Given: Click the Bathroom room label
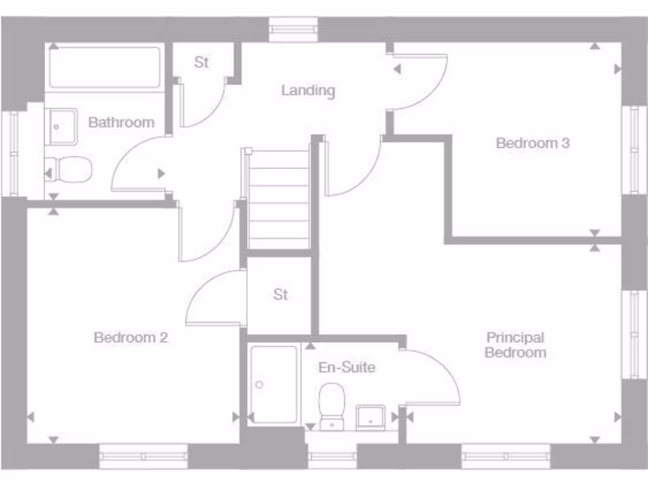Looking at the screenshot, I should click(121, 122).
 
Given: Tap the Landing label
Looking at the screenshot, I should click(308, 90).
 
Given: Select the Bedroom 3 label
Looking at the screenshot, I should click(532, 143).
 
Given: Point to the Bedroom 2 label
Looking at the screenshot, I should click(130, 337).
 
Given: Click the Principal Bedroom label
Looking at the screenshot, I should click(515, 345).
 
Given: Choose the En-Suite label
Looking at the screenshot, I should click(347, 367).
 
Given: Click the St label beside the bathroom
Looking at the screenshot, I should click(201, 63).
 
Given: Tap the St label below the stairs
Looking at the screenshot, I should click(280, 295).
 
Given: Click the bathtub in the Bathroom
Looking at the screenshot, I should click(104, 67).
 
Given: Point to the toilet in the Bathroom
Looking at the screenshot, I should click(72, 170).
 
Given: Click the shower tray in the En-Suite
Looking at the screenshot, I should click(273, 384).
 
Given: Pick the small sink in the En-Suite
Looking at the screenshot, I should click(370, 418).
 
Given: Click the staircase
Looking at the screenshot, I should click(278, 199).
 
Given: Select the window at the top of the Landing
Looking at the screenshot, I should click(293, 29).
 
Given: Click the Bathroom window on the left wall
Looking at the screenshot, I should click(13, 154).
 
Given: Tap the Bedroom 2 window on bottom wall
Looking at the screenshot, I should click(144, 456).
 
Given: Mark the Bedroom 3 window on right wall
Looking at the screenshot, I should click(634, 149).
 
